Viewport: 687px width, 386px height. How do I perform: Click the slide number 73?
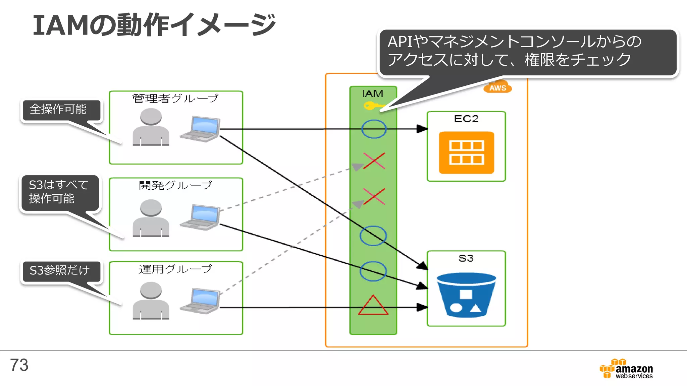pyautogui.click(x=19, y=365)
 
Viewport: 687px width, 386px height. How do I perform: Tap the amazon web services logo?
pyautogui.click(x=626, y=369)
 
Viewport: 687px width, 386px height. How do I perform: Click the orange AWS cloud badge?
pyautogui.click(x=497, y=87)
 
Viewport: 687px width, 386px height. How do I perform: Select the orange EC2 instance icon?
pyautogui.click(x=466, y=152)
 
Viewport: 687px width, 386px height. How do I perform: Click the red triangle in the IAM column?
pyautogui.click(x=373, y=306)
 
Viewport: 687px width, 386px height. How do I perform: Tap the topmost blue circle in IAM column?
pyautogui.click(x=374, y=129)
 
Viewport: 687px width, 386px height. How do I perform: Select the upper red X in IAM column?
pyautogui.click(x=374, y=161)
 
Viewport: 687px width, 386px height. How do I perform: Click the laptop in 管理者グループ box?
pyautogui.click(x=200, y=129)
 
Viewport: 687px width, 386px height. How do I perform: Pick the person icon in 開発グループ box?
pyautogui.click(x=151, y=218)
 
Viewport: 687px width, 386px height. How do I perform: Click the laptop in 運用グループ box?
pyautogui.click(x=200, y=301)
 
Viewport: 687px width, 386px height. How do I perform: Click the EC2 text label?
pyautogui.click(x=466, y=119)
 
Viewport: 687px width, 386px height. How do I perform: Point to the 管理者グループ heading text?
pyautogui.click(x=175, y=98)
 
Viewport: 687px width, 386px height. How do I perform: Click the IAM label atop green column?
pyautogui.click(x=373, y=93)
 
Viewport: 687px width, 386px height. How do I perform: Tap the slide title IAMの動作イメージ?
pyautogui.click(x=154, y=25)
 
